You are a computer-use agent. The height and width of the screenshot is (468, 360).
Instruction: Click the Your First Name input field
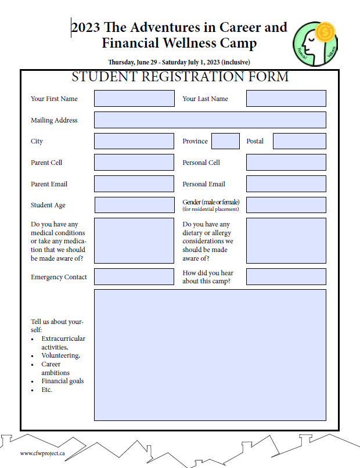[x=134, y=98]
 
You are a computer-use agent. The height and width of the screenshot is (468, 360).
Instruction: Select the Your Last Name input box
[x=286, y=98]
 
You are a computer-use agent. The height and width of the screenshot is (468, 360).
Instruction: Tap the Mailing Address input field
[x=210, y=120]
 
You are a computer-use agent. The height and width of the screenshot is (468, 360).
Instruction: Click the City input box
[x=134, y=141]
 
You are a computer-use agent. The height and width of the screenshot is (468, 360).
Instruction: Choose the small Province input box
[x=225, y=141]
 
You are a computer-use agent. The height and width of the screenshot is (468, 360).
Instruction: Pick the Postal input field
[x=299, y=141]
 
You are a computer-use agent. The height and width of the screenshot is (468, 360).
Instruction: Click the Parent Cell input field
[x=134, y=162]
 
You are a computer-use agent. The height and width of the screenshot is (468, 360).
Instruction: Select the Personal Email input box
[x=286, y=183]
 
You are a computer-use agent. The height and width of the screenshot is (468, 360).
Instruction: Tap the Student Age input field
[x=134, y=205]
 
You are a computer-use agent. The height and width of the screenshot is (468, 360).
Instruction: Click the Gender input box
[x=286, y=205]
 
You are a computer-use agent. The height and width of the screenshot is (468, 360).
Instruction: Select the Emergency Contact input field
[x=134, y=276]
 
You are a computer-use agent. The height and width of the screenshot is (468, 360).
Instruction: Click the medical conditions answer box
[x=134, y=240]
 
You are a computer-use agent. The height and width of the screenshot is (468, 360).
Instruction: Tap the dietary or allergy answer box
[x=286, y=240]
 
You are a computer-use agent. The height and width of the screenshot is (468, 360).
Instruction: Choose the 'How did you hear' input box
[x=286, y=276]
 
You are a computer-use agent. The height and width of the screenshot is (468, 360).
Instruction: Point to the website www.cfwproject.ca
[x=42, y=453]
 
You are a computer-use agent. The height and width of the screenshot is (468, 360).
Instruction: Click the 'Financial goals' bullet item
[x=62, y=381]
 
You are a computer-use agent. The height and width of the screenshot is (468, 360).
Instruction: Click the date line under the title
[x=179, y=62]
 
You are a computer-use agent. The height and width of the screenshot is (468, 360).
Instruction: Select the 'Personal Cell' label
[x=201, y=163]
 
